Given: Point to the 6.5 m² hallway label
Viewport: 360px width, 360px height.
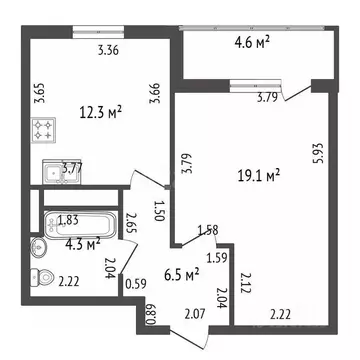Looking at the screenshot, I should pos(182,271).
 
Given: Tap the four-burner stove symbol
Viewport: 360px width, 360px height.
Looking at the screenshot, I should pos(46,128).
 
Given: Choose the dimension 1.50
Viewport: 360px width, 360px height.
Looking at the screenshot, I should pos(158,209).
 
